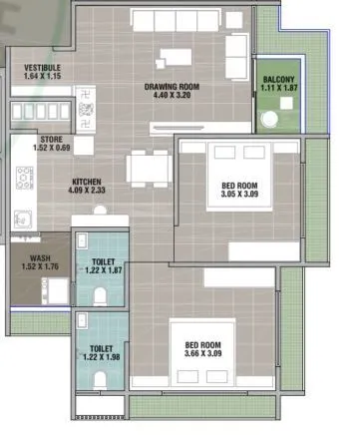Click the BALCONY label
pos(277,80)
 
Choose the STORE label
pos(52,140)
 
